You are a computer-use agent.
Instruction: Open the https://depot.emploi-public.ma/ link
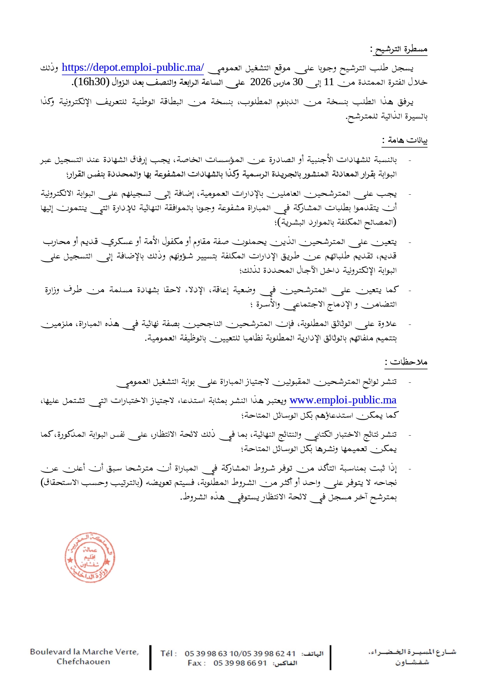(x=133, y=68)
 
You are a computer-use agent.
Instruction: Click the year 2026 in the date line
(x=260, y=82)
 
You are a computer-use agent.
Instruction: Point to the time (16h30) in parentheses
(x=91, y=82)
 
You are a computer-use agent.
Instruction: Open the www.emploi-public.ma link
(x=343, y=400)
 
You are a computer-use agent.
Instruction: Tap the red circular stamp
(x=90, y=557)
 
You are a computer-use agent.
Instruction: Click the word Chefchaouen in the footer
(x=83, y=662)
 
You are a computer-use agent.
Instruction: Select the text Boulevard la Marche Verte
(x=84, y=652)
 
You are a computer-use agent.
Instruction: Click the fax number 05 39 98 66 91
(x=240, y=663)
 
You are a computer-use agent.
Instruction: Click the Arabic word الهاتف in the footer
(x=313, y=654)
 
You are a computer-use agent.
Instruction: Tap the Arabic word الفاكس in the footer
(x=285, y=663)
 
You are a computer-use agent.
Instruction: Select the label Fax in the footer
(x=195, y=663)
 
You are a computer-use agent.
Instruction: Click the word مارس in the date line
(x=282, y=82)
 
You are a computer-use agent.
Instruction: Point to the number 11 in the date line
(x=329, y=82)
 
